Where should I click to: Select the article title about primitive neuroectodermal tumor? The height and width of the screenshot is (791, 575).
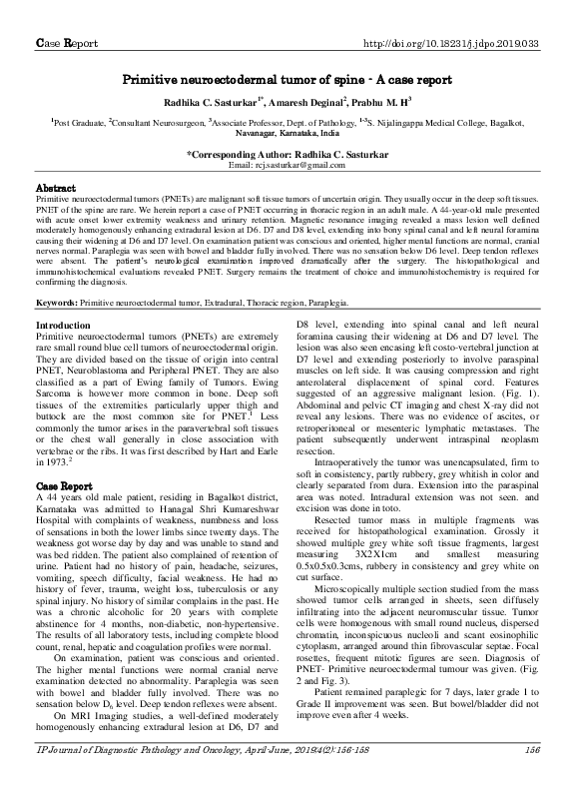tap(288, 79)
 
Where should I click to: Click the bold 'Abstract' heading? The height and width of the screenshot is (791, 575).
tap(56, 188)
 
